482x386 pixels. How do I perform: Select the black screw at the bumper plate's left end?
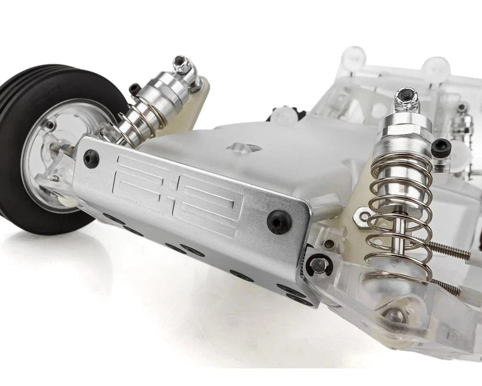(91, 158)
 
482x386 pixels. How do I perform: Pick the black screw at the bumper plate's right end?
(279, 222)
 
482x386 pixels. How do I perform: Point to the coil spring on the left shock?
(137, 121)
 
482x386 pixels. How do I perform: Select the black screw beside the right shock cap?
(441, 148)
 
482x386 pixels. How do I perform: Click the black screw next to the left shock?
(135, 89)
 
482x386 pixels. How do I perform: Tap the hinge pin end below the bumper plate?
(319, 265)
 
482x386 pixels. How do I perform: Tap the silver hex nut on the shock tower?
(363, 217)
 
